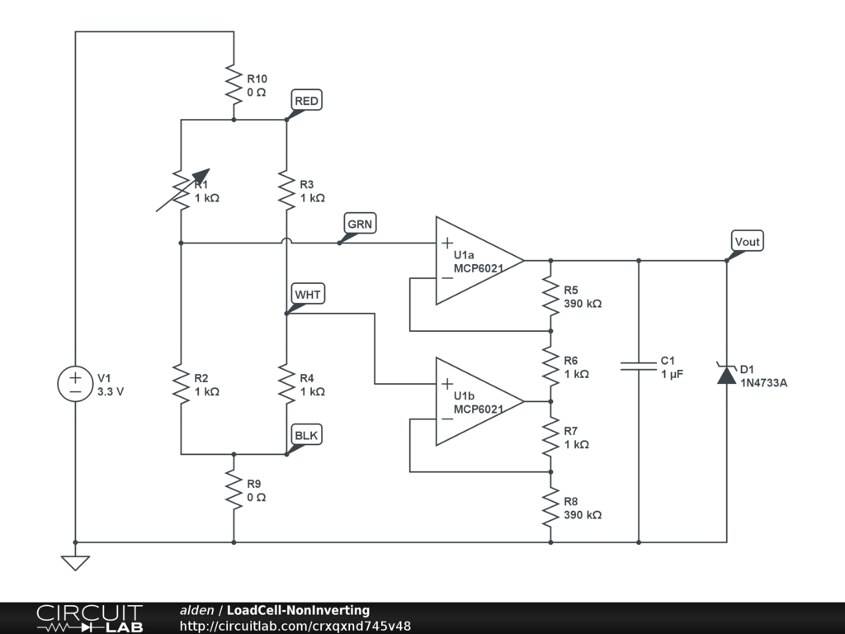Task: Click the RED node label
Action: (x=307, y=101)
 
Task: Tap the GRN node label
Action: (x=360, y=224)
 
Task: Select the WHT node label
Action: (x=308, y=295)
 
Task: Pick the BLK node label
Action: (x=307, y=435)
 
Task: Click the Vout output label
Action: (x=748, y=242)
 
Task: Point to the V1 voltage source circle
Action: (x=75, y=384)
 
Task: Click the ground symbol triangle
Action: (x=75, y=563)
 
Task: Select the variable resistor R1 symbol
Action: (x=182, y=190)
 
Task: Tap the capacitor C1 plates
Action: (x=639, y=366)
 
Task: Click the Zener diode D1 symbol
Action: (x=726, y=373)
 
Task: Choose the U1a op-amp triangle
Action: (x=479, y=260)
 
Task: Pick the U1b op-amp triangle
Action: (x=479, y=402)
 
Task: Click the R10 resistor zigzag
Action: (x=234, y=85)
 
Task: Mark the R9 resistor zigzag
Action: (x=234, y=490)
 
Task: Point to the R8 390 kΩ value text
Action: (x=583, y=515)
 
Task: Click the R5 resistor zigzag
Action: (x=550, y=296)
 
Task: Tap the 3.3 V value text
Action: (x=111, y=392)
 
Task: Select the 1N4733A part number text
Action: (x=763, y=383)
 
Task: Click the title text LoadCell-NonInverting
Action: (x=298, y=610)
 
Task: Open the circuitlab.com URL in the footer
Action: (x=295, y=626)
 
